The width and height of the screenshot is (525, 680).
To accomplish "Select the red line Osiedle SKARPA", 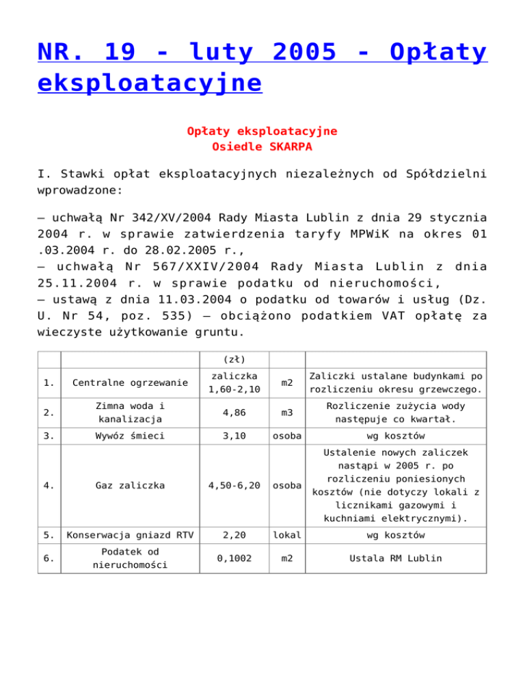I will [262, 146].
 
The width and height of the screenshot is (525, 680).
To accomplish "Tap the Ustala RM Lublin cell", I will [395, 558].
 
